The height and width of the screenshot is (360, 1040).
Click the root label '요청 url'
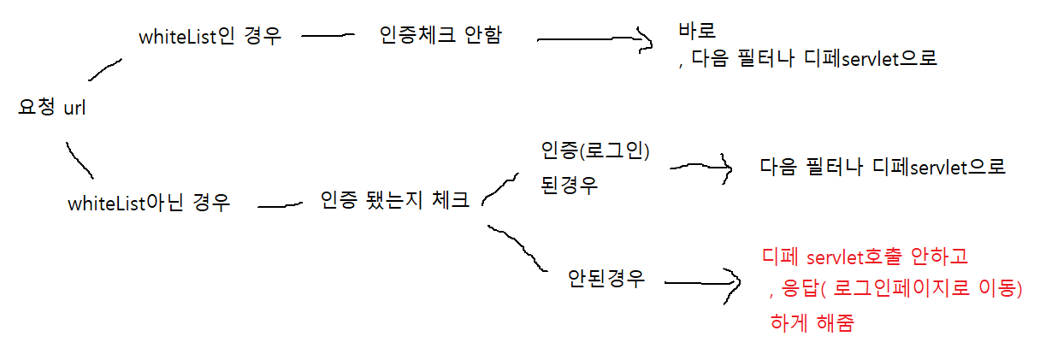[51, 109]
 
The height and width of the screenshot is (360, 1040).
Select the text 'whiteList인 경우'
[210, 37]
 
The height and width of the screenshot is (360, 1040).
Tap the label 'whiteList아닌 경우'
[149, 204]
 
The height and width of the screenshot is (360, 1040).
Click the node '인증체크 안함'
[440, 36]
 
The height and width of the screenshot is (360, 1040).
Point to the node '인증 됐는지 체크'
[394, 201]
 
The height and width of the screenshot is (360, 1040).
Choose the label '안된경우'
[606, 279]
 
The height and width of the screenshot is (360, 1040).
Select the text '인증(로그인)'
[595, 151]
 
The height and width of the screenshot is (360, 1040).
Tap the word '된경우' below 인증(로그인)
[569, 185]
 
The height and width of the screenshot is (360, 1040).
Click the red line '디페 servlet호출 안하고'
[865, 256]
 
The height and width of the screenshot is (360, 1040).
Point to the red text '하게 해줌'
[812, 324]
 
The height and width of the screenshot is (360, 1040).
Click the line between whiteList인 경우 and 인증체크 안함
[328, 36]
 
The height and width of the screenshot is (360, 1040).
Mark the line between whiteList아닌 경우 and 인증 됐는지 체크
[281, 205]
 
